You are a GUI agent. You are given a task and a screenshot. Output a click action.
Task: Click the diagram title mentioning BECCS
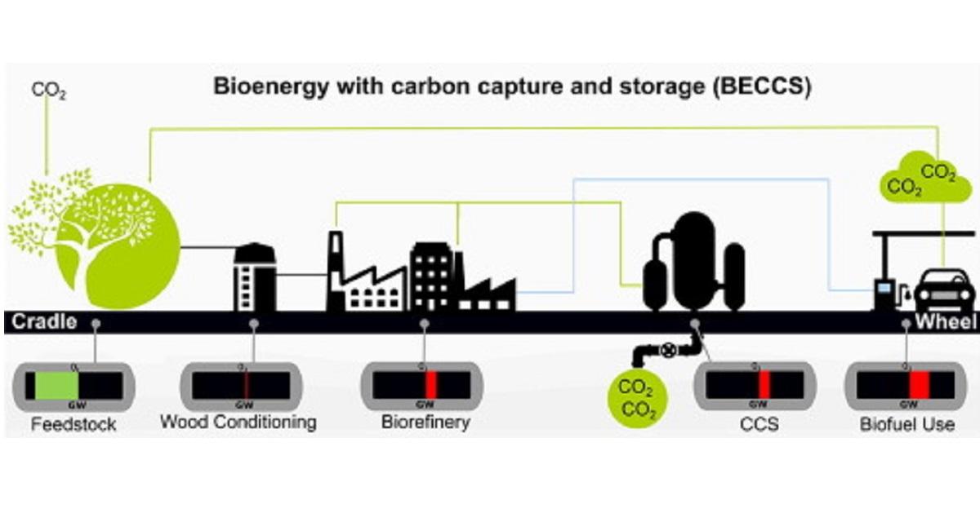[x=512, y=86]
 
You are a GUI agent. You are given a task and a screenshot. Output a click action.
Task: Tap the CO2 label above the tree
[x=47, y=90]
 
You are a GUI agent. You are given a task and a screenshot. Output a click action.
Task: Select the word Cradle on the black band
[x=45, y=321]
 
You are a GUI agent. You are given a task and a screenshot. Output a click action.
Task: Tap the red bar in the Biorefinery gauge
[x=430, y=385]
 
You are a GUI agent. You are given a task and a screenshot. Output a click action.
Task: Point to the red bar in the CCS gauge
[x=764, y=385]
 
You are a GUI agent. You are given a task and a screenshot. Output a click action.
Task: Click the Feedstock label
[x=73, y=424]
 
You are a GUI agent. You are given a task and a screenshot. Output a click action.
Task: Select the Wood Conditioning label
[x=238, y=422]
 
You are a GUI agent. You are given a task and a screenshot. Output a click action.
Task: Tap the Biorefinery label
[x=425, y=422]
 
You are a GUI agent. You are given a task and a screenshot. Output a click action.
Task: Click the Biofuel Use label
[x=906, y=424]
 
